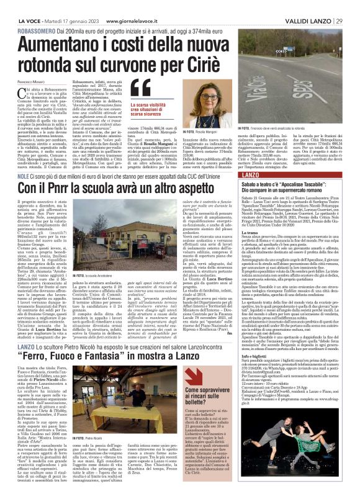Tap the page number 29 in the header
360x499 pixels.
click(347, 6)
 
